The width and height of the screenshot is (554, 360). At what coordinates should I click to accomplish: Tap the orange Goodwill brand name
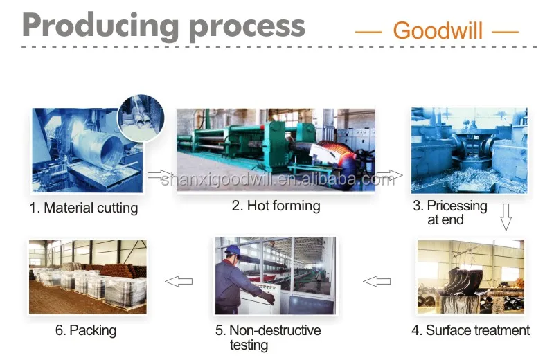click(x=437, y=30)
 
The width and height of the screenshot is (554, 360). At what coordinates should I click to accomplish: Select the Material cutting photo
click(x=83, y=152)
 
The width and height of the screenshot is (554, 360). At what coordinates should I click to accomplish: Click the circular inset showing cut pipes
click(x=141, y=114)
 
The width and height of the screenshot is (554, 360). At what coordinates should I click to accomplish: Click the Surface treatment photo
click(x=470, y=276)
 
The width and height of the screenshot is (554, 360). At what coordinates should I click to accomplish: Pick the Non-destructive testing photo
click(x=275, y=276)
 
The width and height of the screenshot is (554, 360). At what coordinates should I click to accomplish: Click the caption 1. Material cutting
click(x=84, y=208)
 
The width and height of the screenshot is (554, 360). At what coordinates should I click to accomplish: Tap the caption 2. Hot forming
click(x=276, y=206)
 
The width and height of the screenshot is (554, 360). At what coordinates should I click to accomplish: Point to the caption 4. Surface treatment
click(x=471, y=330)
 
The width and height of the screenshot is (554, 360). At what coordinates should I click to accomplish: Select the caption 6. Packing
click(x=86, y=330)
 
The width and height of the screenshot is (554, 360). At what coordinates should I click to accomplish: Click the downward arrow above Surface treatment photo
click(x=506, y=217)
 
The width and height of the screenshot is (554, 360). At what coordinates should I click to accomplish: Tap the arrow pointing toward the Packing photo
click(x=179, y=281)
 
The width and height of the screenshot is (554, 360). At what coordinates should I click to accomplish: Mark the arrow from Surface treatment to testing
click(x=377, y=281)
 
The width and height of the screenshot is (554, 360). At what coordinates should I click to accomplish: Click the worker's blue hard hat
click(x=232, y=251)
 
